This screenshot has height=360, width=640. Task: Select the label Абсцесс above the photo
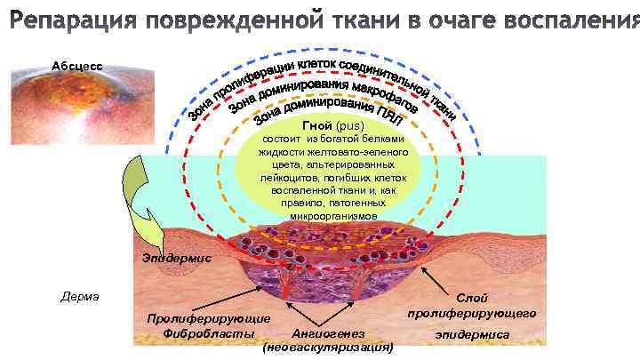click(76, 67)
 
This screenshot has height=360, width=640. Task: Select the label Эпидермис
click(176, 259)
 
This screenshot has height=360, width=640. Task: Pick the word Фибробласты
click(210, 333)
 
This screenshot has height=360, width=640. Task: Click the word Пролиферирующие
click(210, 318)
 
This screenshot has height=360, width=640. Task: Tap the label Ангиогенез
click(329, 333)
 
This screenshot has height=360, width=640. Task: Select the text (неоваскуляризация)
click(329, 348)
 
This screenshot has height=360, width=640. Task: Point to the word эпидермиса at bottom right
click(472, 334)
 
